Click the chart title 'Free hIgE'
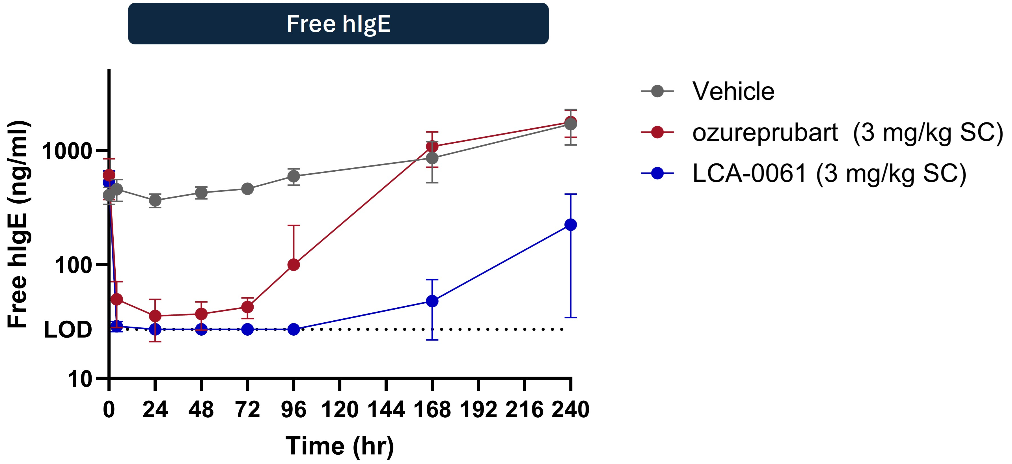point(338,24)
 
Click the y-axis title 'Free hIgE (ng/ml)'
point(18,224)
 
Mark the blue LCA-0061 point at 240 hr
point(570,225)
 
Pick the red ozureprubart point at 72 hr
point(247,307)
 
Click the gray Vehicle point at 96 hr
point(294,176)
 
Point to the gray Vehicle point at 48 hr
point(201,193)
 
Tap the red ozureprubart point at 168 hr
point(432,146)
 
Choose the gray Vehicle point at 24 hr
point(155,200)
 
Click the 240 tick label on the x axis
point(570,409)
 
